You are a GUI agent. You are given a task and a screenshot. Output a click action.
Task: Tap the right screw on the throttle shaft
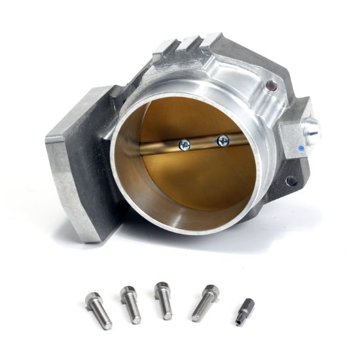pos(223,139)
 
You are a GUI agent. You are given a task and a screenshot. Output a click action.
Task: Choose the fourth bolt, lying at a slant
pos(206,302)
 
